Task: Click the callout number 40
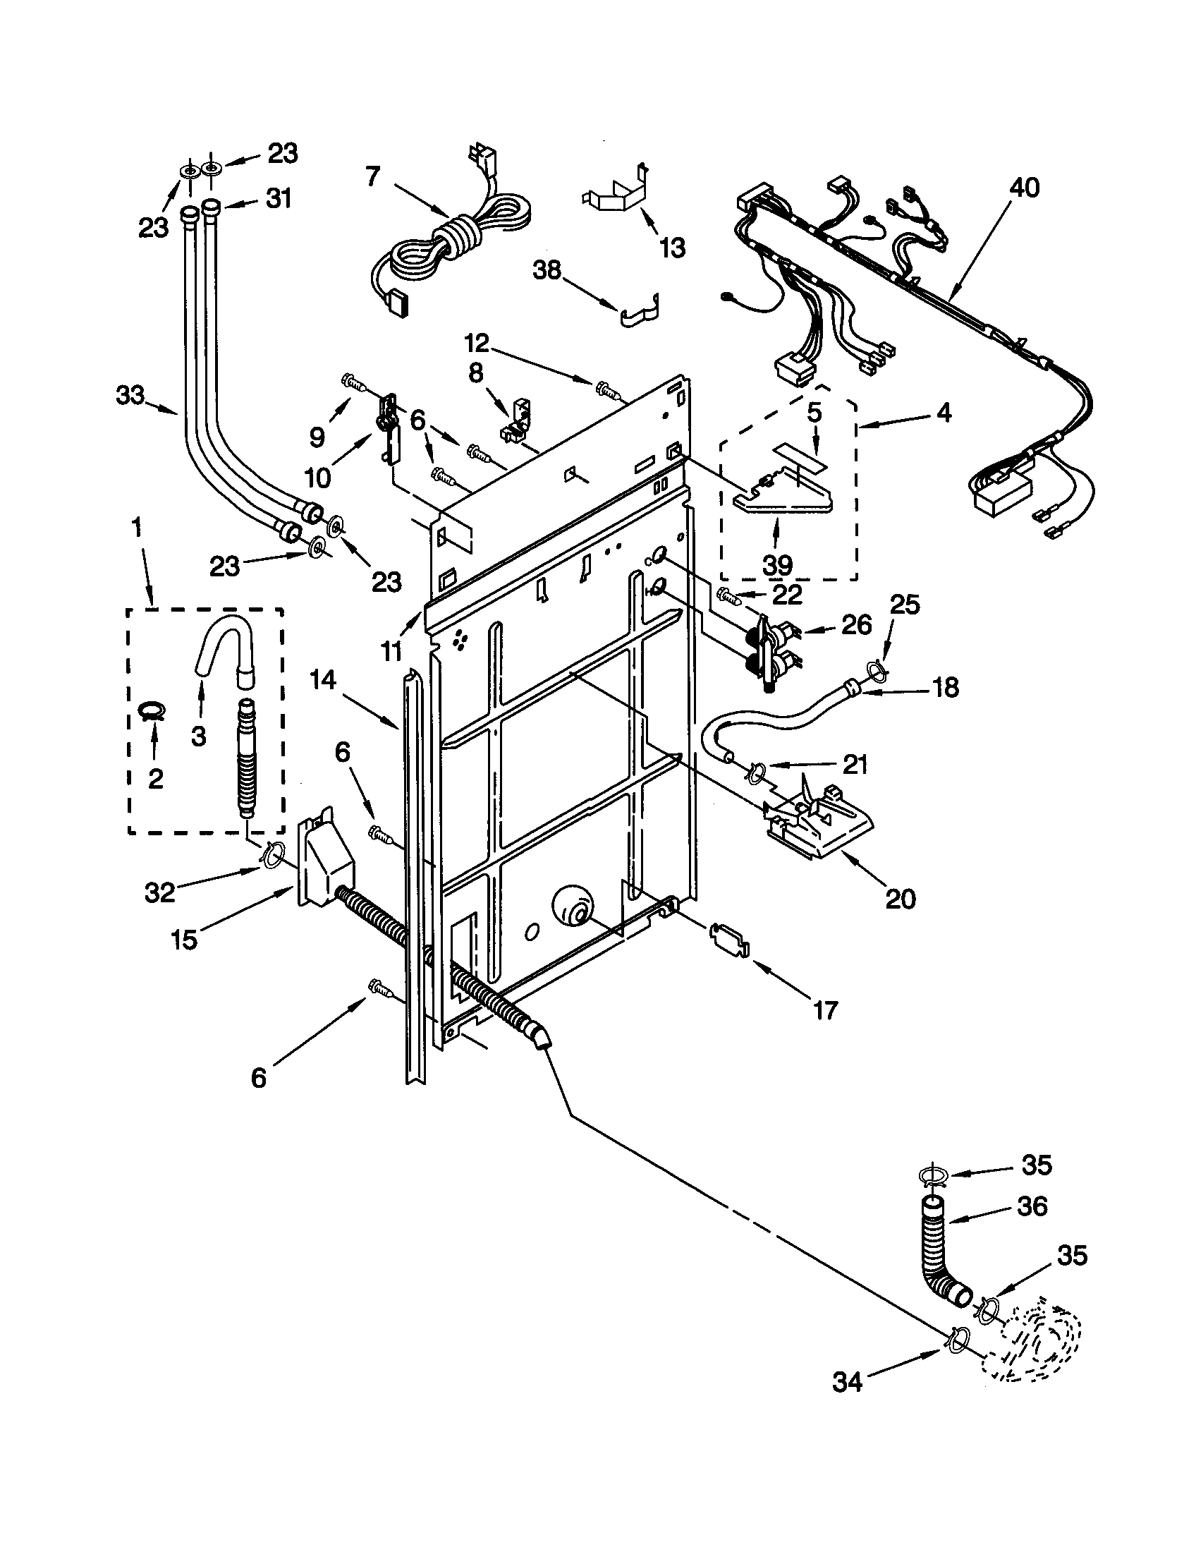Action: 1023,188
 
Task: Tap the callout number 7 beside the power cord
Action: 374,176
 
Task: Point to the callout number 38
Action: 547,271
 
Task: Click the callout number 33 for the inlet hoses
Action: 130,394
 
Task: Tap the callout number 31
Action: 279,198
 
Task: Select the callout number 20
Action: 901,898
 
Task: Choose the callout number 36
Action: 1032,1205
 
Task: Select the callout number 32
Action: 160,892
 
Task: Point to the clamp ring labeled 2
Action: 152,709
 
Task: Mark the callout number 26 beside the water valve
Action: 856,624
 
